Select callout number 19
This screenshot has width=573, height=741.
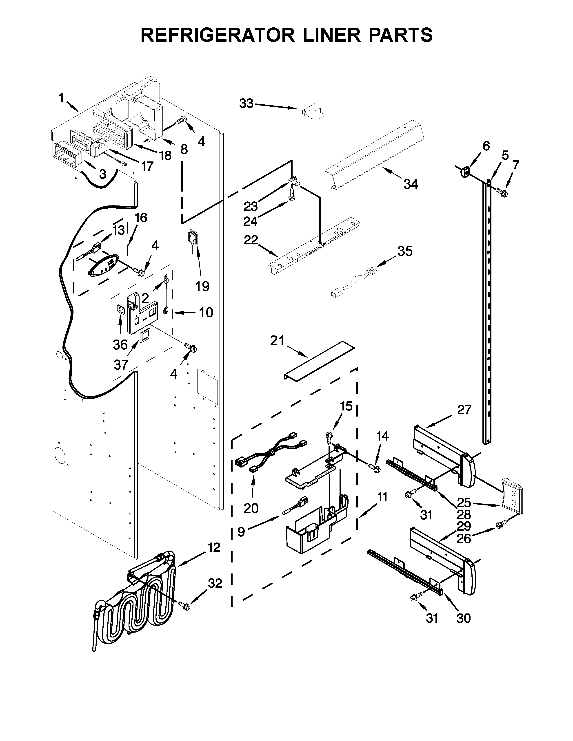tap(202, 286)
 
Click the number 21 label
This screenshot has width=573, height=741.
tap(277, 340)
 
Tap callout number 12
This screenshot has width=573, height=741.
tap(214, 548)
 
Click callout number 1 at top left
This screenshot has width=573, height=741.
tap(61, 98)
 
